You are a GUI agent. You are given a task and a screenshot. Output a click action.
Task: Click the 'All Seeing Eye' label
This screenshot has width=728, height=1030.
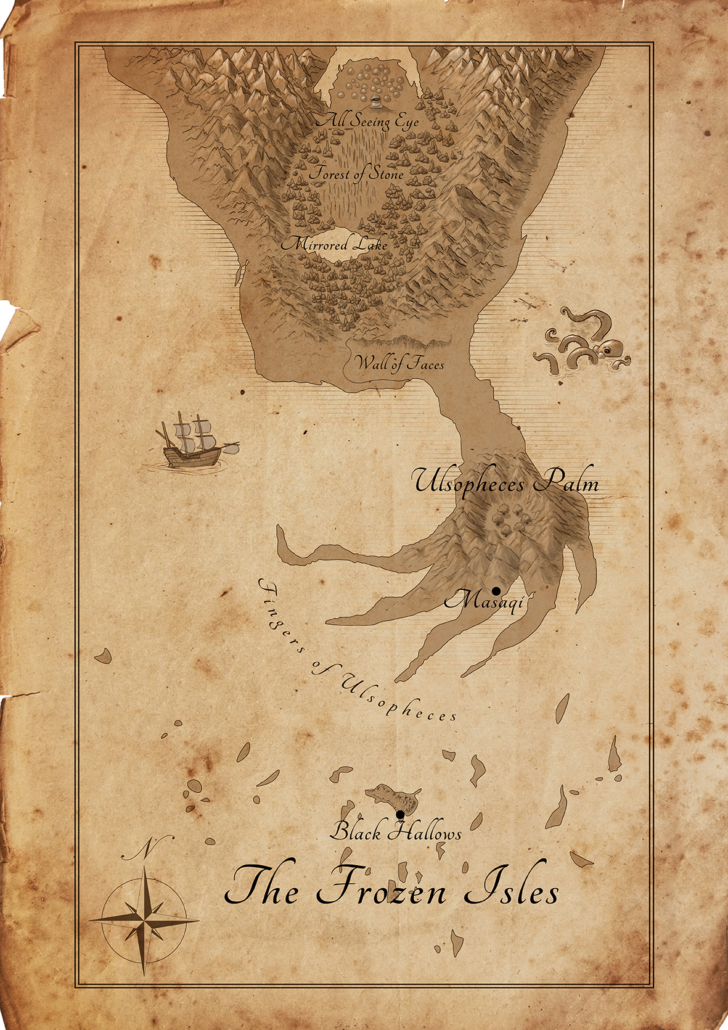367,121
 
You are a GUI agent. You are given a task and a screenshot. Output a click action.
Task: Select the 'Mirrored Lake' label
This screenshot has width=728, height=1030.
334,244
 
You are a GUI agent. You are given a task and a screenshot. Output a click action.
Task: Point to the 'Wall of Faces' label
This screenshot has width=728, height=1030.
400,363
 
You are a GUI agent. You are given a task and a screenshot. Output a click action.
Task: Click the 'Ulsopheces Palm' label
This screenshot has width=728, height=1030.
506,482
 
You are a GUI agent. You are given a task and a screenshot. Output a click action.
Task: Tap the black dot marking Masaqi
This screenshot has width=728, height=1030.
496,591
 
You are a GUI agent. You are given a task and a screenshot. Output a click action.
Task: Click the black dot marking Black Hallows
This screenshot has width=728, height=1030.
400,815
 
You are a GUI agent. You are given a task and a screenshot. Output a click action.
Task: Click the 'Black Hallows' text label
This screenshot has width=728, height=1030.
395,833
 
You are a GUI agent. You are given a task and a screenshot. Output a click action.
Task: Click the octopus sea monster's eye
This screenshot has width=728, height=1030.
607,350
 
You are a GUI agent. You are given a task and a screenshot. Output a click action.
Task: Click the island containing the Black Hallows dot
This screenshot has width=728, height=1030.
393,799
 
